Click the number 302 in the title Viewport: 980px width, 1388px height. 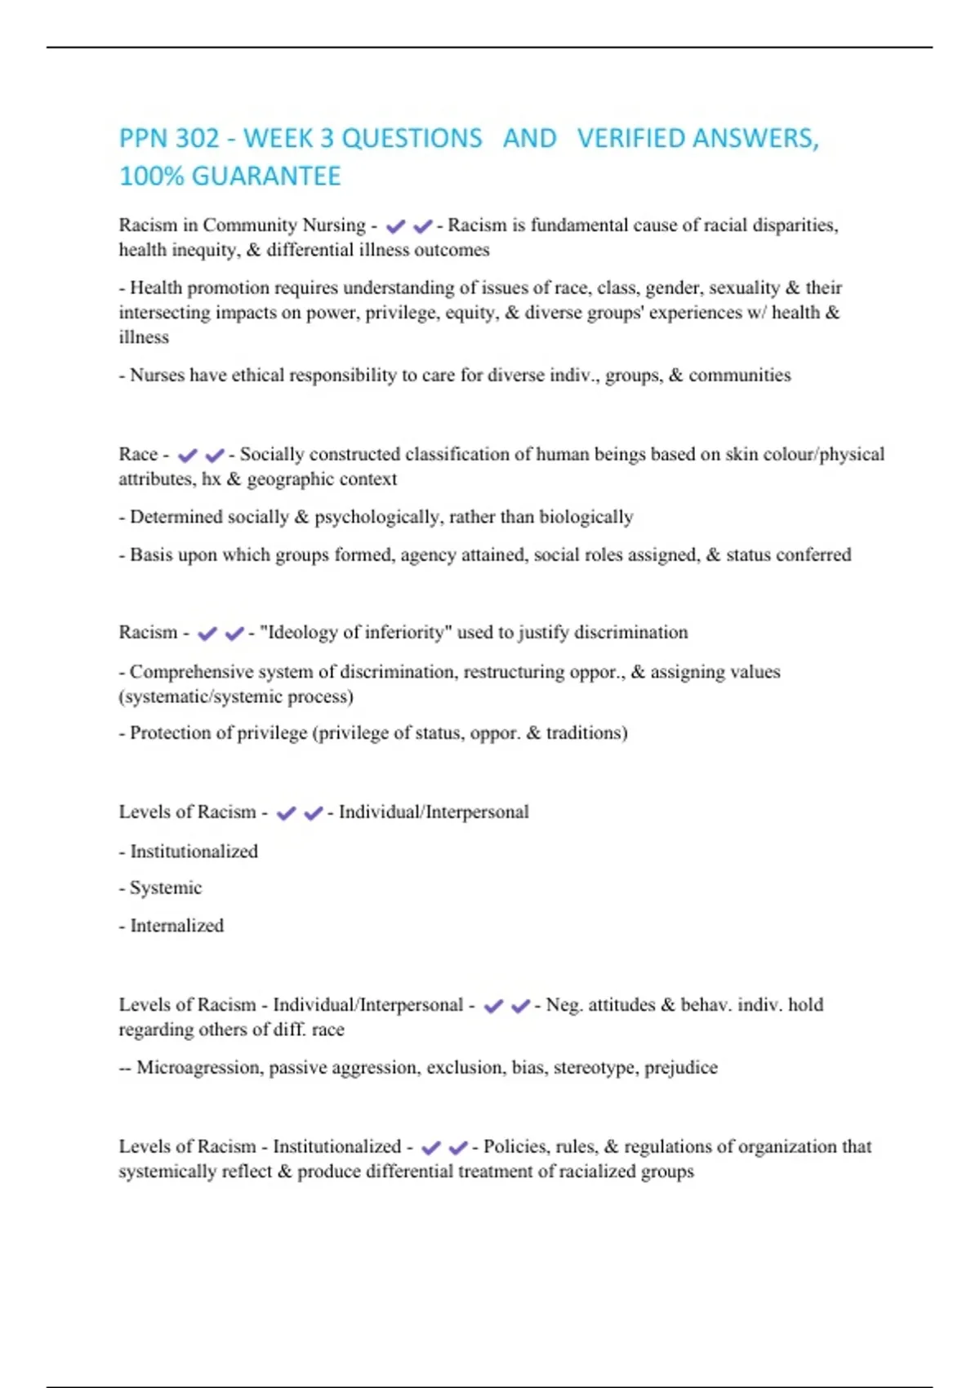point(197,138)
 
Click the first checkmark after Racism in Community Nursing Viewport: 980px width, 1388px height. point(396,226)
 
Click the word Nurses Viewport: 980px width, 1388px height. point(157,375)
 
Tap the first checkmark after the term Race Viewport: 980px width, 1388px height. point(188,455)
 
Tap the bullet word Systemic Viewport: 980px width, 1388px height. point(166,888)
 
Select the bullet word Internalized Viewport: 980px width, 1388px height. point(176,925)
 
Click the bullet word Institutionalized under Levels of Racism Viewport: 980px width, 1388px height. point(194,851)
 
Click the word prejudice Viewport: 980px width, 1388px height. point(681,1067)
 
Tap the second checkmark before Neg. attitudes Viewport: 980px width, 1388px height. point(520,1006)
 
